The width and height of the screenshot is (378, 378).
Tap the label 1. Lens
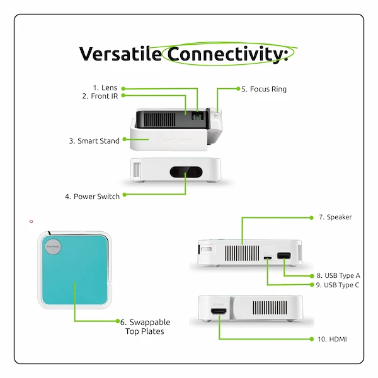coord(105,88)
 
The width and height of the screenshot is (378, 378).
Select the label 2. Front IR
coord(100,96)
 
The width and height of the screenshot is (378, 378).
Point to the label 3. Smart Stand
coord(94,141)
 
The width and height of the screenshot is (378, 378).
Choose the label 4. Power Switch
coord(92,197)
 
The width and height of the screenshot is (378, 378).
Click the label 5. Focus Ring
coord(264,89)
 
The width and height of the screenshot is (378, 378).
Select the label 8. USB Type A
coord(338,275)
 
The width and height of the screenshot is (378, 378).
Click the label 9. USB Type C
coord(338,285)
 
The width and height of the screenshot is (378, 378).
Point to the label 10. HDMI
coord(332,339)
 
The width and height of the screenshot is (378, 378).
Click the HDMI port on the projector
coord(219,312)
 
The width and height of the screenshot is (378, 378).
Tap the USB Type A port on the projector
coord(283,256)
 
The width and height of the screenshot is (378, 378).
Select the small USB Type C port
coord(268,257)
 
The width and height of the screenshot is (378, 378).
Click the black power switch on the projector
coord(186,171)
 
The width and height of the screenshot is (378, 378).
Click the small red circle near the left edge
coord(31,221)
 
